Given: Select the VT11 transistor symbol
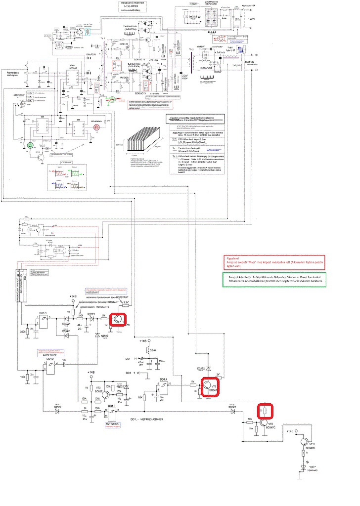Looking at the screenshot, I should point(307,442).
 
